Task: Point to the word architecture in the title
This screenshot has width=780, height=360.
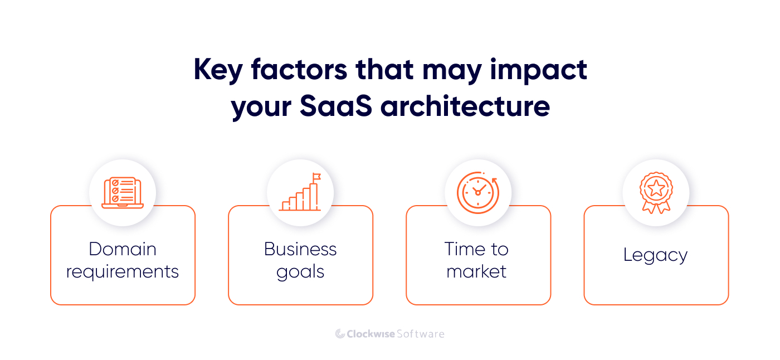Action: tap(465, 105)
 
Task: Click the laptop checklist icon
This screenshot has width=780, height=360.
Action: tap(123, 193)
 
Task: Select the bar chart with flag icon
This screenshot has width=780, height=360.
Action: tap(300, 193)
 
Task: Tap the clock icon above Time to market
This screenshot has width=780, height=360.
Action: tap(477, 193)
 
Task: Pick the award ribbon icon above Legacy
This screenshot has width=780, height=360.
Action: tap(656, 193)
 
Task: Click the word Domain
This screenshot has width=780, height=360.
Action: tap(123, 249)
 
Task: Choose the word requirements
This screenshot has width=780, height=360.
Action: tap(123, 271)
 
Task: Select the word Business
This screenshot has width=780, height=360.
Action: tap(300, 249)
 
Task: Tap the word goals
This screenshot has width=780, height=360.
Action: tap(300, 271)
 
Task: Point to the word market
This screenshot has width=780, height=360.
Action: tap(477, 271)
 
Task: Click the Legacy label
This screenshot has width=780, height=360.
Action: tap(655, 255)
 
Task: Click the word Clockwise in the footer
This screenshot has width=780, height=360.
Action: tap(370, 334)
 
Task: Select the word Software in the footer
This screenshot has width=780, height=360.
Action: tap(421, 334)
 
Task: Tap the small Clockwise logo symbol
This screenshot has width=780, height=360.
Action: tap(340, 334)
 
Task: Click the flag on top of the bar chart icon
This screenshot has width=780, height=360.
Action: tap(316, 177)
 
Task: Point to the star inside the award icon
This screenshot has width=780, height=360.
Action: tap(656, 188)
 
